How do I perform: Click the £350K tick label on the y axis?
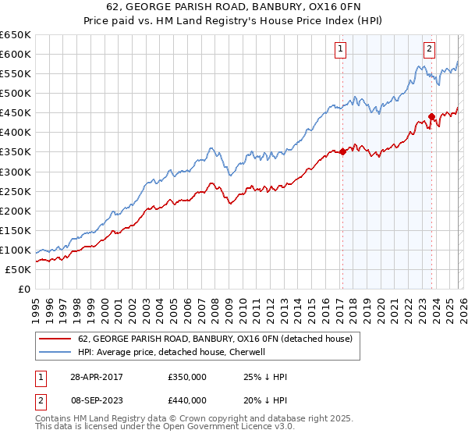[16, 152]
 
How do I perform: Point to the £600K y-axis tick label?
[16, 54]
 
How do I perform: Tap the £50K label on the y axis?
[19, 269]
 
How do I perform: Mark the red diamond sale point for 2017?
[342, 152]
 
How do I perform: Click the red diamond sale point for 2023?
[431, 117]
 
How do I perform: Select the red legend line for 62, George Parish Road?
[55, 339]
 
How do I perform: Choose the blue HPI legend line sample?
[55, 352]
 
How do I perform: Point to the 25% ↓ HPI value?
[266, 377]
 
